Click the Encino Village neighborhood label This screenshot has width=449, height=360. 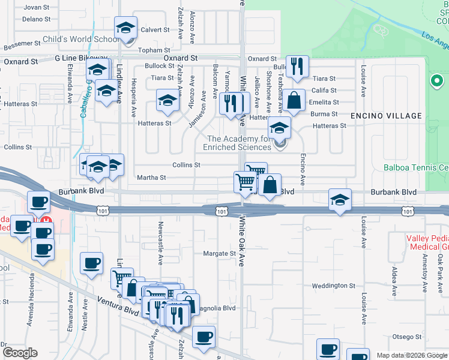tap(386, 115)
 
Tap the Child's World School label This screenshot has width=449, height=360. tap(81, 40)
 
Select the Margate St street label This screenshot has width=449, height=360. tap(219, 253)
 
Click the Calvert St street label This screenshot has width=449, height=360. tap(155, 29)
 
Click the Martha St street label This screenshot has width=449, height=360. tap(151, 178)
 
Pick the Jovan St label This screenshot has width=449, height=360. tap(36, 7)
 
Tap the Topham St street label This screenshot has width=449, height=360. tap(151, 50)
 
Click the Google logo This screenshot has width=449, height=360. tap(20, 353)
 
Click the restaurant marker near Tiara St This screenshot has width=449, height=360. tap(297, 67)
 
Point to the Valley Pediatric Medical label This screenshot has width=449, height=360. tap(427, 242)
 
